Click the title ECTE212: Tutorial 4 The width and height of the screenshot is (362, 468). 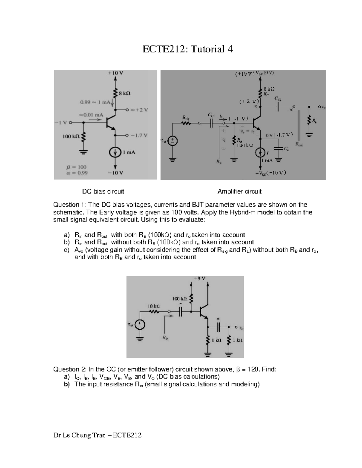point(188,49)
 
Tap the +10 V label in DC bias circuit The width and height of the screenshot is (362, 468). point(115,73)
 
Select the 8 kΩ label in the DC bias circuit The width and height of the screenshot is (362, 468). point(125,93)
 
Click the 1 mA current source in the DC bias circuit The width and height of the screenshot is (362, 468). point(115,153)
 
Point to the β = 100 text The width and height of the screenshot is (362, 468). point(76,167)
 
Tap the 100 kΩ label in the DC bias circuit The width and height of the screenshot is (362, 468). point(71,137)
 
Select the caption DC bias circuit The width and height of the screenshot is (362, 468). point(103,191)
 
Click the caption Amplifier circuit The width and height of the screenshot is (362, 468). point(240,191)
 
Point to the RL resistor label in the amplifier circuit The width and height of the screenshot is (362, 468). point(315,121)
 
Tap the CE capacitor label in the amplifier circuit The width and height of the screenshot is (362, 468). point(287,149)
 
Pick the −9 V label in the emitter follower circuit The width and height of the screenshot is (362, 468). point(199,278)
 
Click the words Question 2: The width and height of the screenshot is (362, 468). point(70,369)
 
